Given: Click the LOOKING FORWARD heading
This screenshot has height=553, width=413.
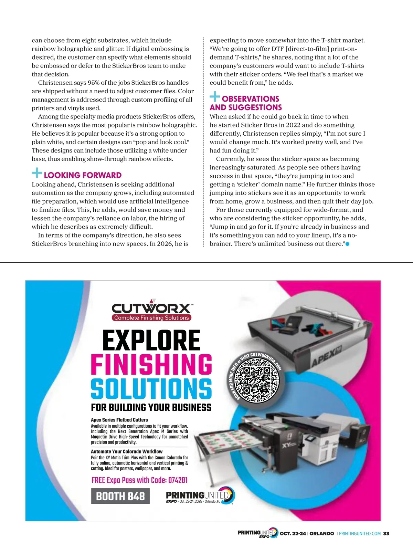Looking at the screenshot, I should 83,175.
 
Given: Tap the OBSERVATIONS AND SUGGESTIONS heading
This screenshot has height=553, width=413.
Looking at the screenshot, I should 246,103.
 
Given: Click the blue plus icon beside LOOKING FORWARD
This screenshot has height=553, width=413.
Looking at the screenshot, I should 37,173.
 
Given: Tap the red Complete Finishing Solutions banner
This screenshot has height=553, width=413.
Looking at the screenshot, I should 151,318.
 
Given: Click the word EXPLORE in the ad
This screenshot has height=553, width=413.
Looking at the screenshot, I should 151,340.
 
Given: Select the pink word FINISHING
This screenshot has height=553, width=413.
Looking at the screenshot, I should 151,365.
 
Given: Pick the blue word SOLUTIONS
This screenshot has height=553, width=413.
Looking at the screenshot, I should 151,389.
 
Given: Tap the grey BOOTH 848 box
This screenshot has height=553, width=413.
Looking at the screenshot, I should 120,496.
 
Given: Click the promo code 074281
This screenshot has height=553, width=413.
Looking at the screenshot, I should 178,480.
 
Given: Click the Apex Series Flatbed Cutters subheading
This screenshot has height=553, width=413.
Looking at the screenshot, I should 119,420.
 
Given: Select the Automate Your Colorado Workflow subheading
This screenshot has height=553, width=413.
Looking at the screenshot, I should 127,451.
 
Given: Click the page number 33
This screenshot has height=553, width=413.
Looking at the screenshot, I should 386,533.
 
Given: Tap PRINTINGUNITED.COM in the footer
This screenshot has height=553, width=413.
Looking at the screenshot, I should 360,533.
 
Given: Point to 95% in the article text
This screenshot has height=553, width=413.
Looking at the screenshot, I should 94,83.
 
